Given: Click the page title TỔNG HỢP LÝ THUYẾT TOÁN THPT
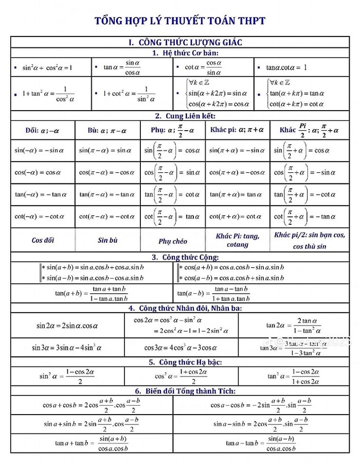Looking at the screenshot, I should point(180,21).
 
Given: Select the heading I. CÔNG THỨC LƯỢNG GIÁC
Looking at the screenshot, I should point(185,42).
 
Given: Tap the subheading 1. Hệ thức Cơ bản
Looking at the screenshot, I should point(186,53).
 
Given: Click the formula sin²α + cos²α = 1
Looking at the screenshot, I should point(47,67).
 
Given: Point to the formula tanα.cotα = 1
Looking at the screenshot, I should point(286,67).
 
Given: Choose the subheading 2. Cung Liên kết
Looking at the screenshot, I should point(185,116).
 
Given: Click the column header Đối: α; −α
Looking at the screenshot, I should point(42,130).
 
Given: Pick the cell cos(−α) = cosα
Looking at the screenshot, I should point(42,172).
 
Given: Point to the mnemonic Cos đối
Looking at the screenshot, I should point(43,240).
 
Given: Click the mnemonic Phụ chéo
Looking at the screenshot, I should point(173,241).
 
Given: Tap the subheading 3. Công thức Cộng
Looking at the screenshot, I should point(185,257).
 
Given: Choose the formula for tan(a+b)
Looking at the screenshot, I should point(91,294).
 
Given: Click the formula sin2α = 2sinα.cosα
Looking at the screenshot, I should point(67,326).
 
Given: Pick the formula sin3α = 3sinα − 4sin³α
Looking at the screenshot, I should point(67,347).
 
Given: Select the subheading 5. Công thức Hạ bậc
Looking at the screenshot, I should point(185,362).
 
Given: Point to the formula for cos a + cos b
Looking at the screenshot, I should point(92,405).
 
